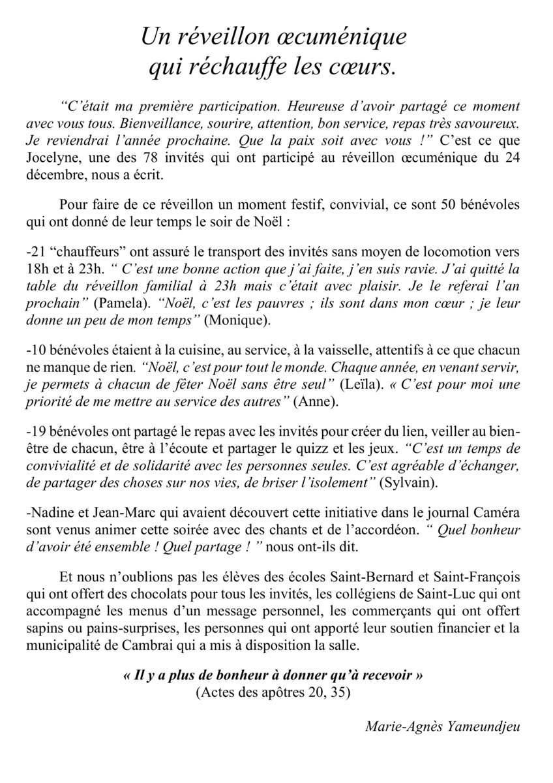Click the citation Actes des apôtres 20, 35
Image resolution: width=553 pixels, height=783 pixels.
(x=273, y=692)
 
